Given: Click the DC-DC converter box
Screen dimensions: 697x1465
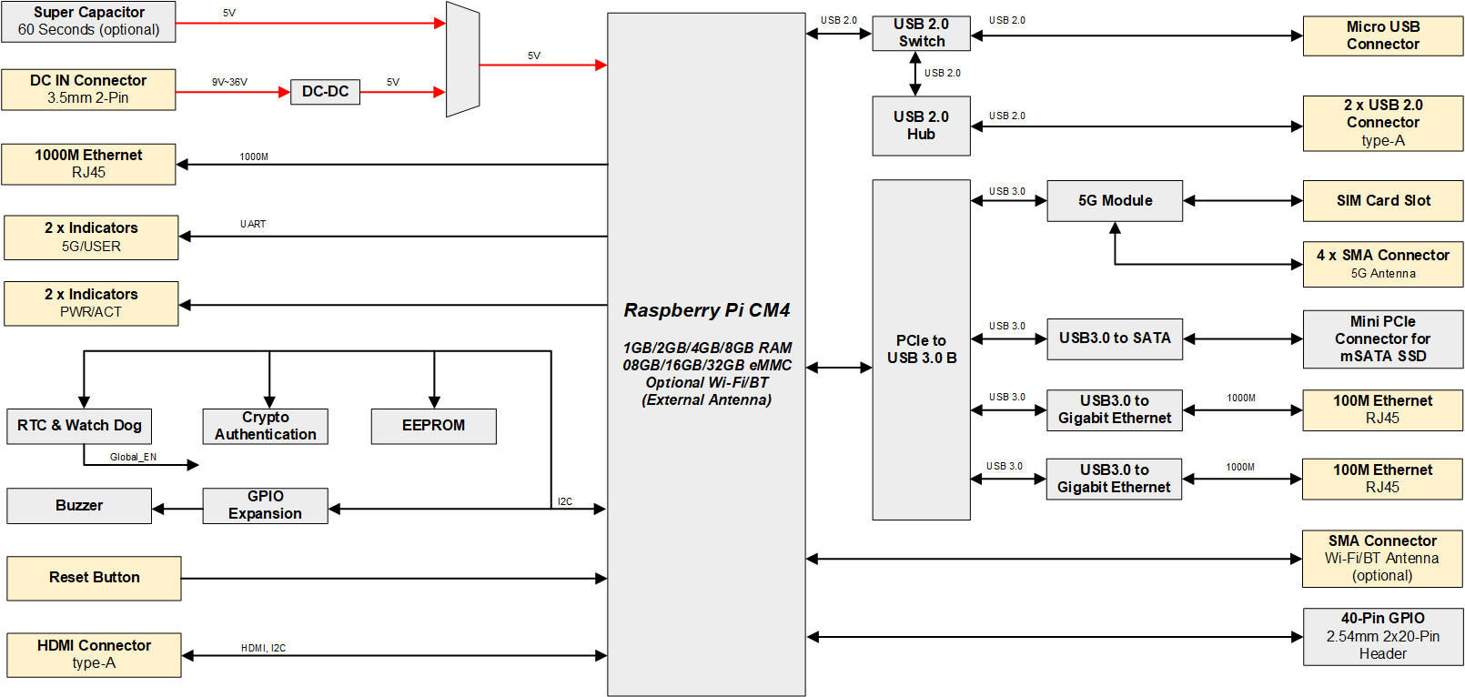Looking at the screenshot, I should tap(325, 92).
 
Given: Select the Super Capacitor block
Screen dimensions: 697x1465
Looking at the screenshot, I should tap(88, 21).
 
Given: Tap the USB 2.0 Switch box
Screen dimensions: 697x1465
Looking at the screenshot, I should tap(921, 33).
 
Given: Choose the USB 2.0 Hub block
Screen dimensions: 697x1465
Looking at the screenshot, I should tap(921, 126).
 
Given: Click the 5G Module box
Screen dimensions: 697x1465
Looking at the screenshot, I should tap(1115, 200).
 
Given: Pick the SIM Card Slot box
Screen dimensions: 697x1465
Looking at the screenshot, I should tap(1382, 200).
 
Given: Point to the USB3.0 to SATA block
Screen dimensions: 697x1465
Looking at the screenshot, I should tap(1115, 338).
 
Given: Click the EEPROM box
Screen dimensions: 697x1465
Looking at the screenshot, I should tap(433, 426).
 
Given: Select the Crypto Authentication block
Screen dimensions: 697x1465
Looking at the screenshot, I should tap(265, 426).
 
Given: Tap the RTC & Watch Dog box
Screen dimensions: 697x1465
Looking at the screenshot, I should tap(79, 426).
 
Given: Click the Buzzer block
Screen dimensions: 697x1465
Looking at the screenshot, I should tap(79, 506).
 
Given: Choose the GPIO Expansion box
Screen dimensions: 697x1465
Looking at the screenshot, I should tap(265, 506).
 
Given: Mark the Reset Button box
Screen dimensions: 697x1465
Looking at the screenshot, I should tap(94, 578).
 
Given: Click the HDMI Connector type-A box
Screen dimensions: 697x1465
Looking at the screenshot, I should tap(94, 654).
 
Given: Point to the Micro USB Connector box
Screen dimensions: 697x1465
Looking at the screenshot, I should tap(1382, 35).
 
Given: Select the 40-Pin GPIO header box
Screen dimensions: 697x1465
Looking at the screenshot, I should tap(1382, 636).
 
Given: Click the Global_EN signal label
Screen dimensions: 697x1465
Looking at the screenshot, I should tap(133, 457).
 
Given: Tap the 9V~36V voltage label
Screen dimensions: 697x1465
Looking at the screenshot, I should tap(229, 82).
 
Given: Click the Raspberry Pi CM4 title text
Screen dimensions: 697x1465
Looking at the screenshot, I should tap(706, 310).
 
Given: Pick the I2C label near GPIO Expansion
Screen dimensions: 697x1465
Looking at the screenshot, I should tap(565, 501).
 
